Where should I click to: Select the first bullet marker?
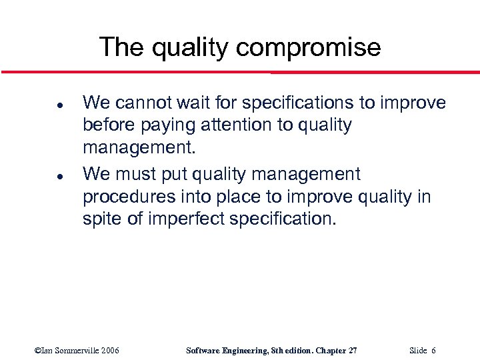coord(41,104)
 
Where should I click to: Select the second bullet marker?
coord(41,175)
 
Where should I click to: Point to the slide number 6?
coord(433,351)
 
